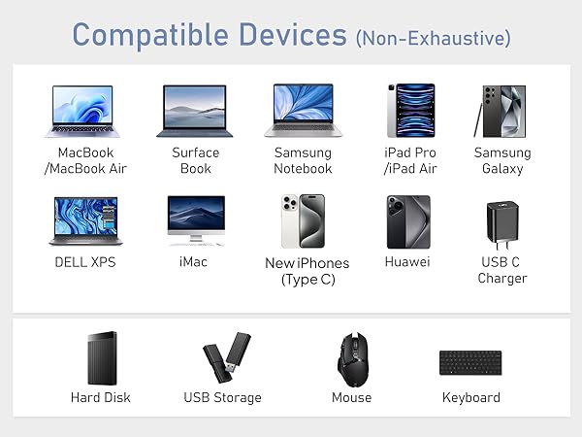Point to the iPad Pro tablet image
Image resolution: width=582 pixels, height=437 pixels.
pyautogui.click(x=409, y=110)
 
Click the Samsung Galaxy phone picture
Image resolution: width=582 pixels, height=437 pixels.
pyautogui.click(x=503, y=110)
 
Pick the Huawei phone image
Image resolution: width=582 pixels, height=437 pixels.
pyautogui.click(x=407, y=222)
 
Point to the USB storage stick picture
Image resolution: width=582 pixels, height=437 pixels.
pyautogui.click(x=226, y=358)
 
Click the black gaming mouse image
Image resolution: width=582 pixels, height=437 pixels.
pyautogui.click(x=351, y=359)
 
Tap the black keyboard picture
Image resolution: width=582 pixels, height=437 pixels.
pyautogui.click(x=470, y=363)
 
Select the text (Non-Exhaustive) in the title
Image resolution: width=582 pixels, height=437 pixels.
pyautogui.click(x=433, y=38)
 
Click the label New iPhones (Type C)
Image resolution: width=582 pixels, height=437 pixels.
pyautogui.click(x=307, y=271)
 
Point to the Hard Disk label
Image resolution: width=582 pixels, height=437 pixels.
pyautogui.click(x=100, y=397)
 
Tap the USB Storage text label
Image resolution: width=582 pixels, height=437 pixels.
pyautogui.click(x=222, y=397)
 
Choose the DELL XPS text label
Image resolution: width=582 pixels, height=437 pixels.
pyautogui.click(x=85, y=262)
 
